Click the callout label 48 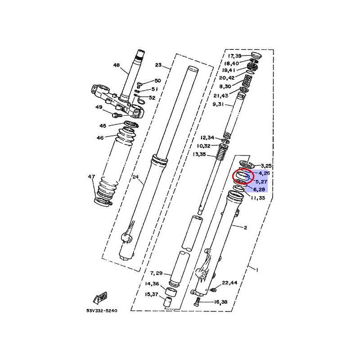pos(117,65)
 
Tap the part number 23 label pos(158,65)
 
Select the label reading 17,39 pos(234,56)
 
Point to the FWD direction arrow pos(100,298)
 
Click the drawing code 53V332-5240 pos(102,310)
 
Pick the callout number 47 pos(91,176)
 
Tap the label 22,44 pos(229,283)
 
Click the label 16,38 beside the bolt pos(220,302)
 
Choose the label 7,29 pos(156,273)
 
